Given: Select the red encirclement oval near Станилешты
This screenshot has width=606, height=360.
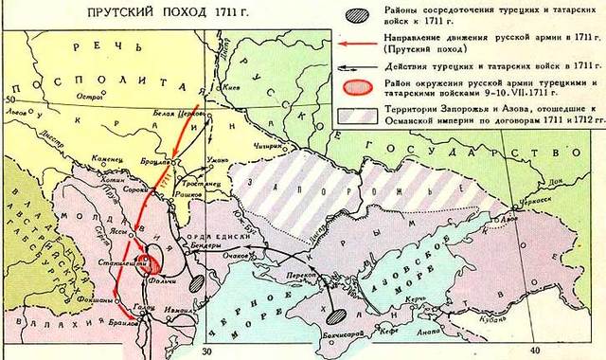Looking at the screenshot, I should [x=148, y=262].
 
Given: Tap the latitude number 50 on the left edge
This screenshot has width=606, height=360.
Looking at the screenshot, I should [x=10, y=99].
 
